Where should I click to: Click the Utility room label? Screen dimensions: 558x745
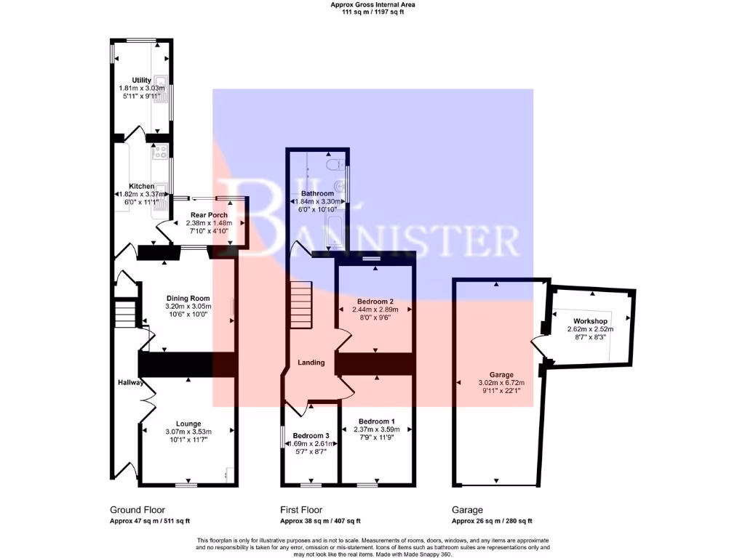click(141, 80)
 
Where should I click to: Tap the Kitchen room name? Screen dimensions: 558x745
click(141, 187)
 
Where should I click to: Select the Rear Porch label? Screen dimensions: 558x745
click(210, 215)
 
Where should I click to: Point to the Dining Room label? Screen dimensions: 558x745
click(188, 298)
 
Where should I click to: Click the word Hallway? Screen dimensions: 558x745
click(131, 383)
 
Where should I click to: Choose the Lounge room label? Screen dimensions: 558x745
click(188, 424)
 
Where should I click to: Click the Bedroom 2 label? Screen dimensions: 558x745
click(375, 301)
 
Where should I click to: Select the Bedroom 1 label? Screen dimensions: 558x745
click(377, 421)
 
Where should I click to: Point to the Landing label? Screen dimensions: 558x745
click(311, 363)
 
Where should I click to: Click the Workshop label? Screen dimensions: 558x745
click(590, 320)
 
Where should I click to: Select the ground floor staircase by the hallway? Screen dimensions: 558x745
click(127, 313)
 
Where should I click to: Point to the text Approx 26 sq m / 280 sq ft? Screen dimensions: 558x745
click(492, 521)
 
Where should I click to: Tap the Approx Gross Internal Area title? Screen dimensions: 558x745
click(372, 4)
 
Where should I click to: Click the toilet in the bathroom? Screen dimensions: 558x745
click(335, 169)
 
